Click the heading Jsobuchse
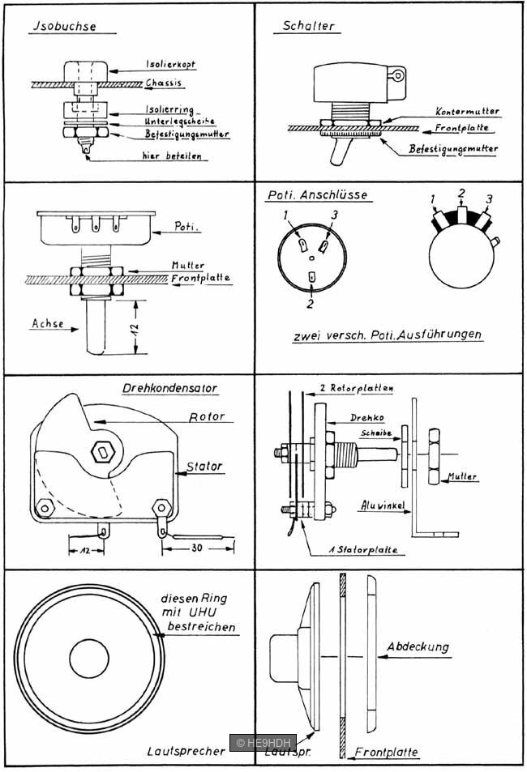click(x=63, y=26)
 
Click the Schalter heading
click(x=308, y=26)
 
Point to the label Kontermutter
click(x=467, y=111)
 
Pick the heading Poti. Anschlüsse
click(x=317, y=195)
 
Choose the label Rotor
click(x=206, y=417)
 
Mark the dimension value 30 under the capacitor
click(x=198, y=548)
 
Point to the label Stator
click(x=204, y=467)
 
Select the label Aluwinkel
click(x=381, y=505)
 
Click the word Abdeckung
click(x=418, y=647)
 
